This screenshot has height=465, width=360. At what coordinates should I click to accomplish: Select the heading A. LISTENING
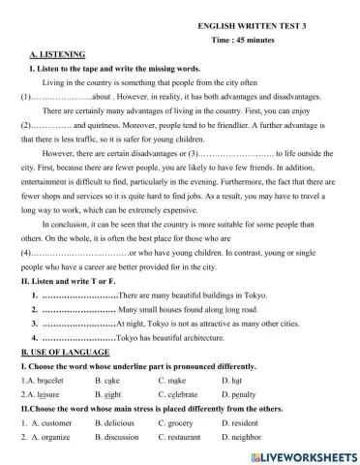57,54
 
